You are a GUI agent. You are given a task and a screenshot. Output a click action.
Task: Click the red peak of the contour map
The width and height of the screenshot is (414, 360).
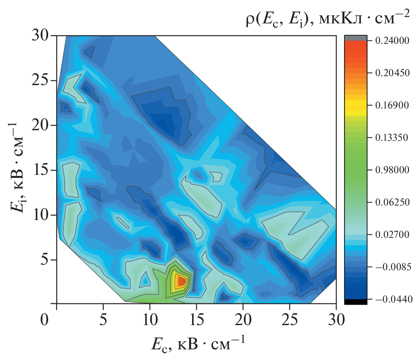pyautogui.click(x=181, y=280)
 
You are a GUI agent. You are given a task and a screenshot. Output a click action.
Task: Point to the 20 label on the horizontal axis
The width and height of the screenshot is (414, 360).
pyautogui.click(x=243, y=318)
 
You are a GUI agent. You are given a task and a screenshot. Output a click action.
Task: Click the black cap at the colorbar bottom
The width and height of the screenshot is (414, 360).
pyautogui.click(x=355, y=302)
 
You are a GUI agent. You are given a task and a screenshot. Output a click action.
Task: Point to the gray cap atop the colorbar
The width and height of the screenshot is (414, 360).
pyautogui.click(x=355, y=38)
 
